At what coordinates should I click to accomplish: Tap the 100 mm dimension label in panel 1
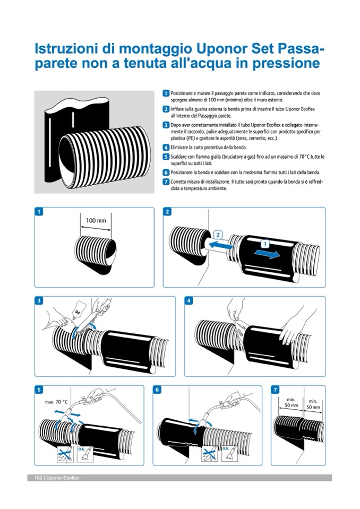tap(96, 219)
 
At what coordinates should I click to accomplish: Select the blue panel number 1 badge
tap(38, 212)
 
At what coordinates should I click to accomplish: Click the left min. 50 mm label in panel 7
tap(290, 402)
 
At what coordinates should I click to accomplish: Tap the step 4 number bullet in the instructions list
tap(166, 147)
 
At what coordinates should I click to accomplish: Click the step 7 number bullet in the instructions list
tap(166, 182)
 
